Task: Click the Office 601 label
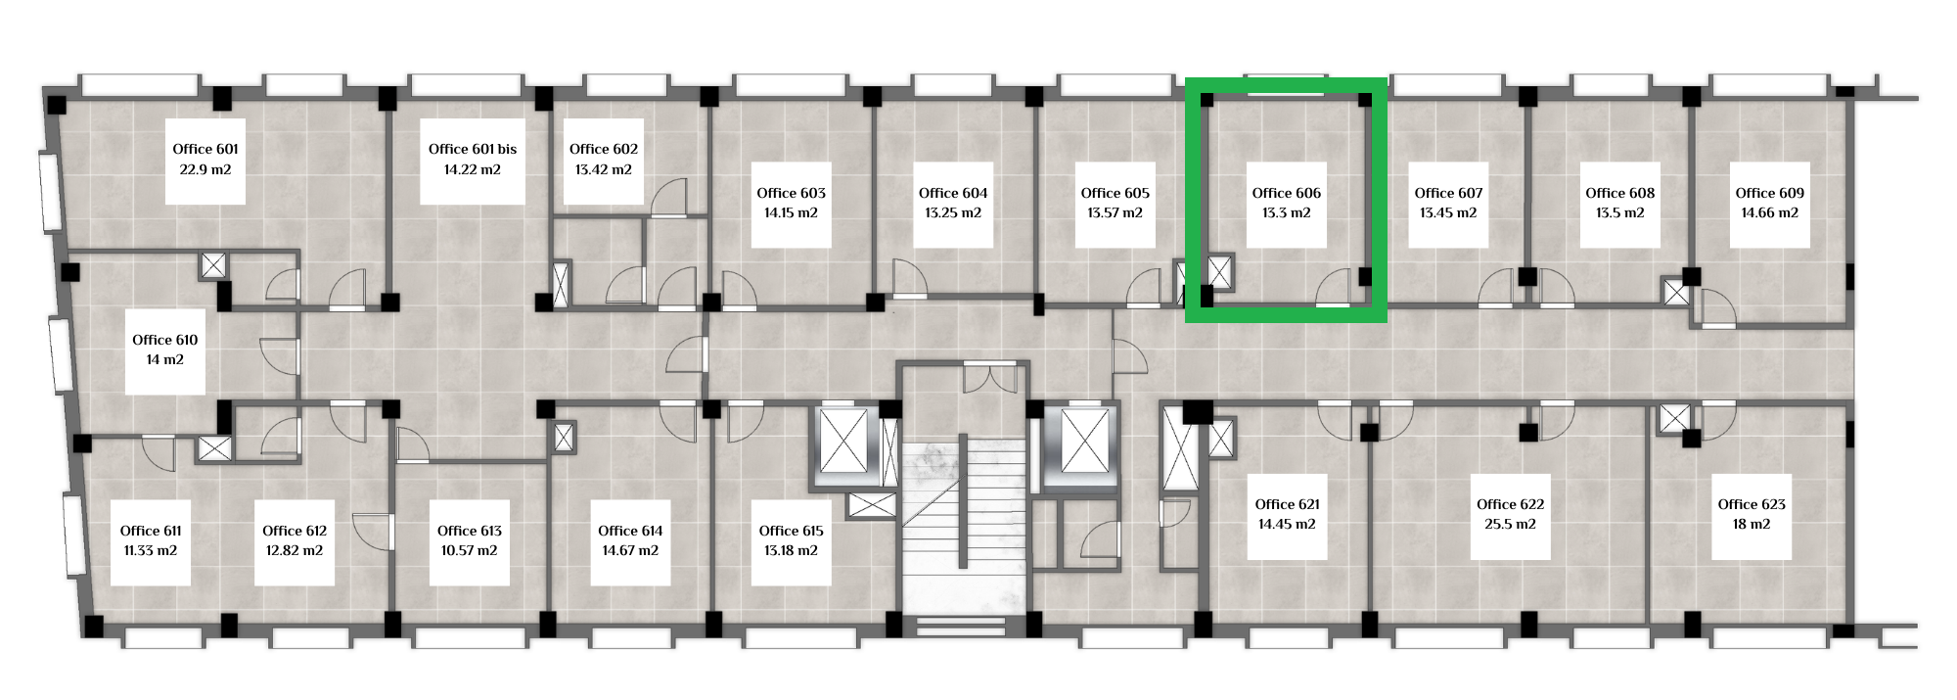[x=205, y=149]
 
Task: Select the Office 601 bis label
[x=473, y=149]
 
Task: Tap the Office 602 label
[x=604, y=149]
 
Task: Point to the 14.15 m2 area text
[x=792, y=212]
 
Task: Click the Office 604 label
[x=953, y=193]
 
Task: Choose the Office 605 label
[x=1115, y=193]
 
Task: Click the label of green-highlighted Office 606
[x=1287, y=193]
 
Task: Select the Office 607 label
[x=1449, y=193]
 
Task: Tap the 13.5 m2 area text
[x=1620, y=212]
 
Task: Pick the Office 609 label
[x=1770, y=193]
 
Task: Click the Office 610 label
[x=165, y=340]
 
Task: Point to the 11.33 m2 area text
[x=151, y=550]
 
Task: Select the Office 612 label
[x=295, y=531]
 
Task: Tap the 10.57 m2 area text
[x=470, y=550]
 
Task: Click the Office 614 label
[x=631, y=531]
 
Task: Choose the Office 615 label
[x=792, y=531]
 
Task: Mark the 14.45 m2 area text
[x=1287, y=524]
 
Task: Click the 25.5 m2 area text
[x=1511, y=524]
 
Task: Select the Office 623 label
[x=1752, y=504]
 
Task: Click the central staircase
[x=963, y=529]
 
